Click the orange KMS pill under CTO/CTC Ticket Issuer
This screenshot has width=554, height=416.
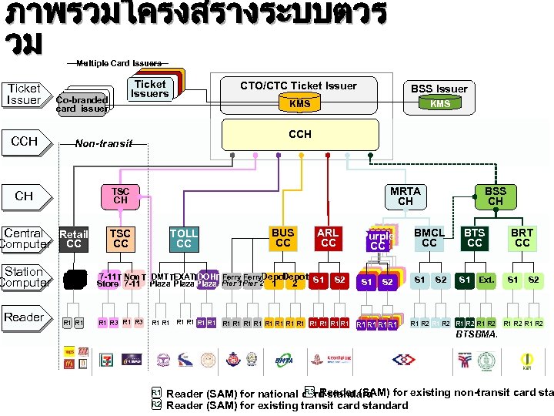point(299,104)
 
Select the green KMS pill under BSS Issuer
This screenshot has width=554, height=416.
point(439,104)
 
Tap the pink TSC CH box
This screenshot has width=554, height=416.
point(121,196)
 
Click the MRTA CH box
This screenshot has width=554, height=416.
point(405,196)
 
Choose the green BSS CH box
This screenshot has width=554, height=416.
point(495,196)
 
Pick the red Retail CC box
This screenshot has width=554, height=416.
point(74,239)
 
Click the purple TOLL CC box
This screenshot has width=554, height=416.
point(183,238)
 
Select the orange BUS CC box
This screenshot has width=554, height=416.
point(283,238)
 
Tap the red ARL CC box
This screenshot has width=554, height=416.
point(329,238)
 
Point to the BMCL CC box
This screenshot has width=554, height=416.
point(429,238)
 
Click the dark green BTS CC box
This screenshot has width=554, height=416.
point(475,238)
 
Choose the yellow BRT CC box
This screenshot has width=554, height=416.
point(522,238)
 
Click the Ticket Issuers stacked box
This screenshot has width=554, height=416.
point(149,89)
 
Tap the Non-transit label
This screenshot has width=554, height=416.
point(104,143)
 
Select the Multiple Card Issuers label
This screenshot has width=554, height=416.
point(118,63)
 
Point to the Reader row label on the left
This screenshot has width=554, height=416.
point(23,317)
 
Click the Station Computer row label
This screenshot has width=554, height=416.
point(23,277)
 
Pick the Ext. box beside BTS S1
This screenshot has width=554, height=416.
point(486,280)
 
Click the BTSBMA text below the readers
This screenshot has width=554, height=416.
point(477,334)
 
